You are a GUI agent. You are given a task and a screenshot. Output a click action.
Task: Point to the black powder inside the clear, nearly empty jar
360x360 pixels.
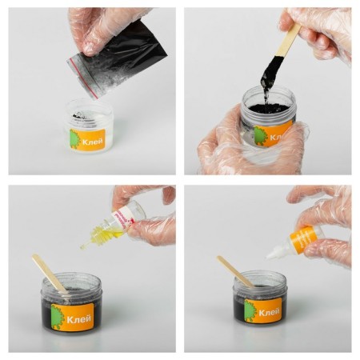tap(82, 117)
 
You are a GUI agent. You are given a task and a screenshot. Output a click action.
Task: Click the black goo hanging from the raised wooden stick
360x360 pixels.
tap(268, 76)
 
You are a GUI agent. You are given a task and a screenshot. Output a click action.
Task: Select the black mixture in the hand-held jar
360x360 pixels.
tap(268, 109)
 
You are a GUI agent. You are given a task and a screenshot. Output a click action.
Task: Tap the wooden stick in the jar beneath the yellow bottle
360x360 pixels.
tap(49, 273)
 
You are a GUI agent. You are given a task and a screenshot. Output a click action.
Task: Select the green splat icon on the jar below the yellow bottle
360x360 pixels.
tap(58, 314)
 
